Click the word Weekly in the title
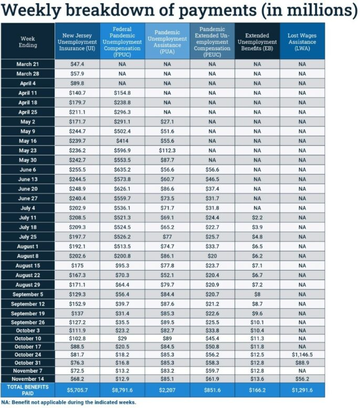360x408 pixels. [33, 11]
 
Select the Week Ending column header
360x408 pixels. [28, 42]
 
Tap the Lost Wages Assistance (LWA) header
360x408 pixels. [302, 42]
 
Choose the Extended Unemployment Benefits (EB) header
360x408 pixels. [257, 42]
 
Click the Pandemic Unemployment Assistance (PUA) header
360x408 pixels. [167, 42]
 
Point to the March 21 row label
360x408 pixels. [28, 64]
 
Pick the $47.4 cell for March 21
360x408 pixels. [77, 64]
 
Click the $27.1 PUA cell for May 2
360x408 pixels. [167, 121]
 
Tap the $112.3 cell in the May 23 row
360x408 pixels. [167, 149]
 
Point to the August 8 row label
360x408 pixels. [28, 256]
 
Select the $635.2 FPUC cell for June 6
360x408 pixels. [122, 170]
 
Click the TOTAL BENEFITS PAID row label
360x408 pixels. [28, 390]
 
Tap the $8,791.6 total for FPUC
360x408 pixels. [122, 390]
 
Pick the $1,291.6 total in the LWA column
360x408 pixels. [302, 390]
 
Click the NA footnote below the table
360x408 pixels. [68, 402]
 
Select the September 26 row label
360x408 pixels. [28, 322]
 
